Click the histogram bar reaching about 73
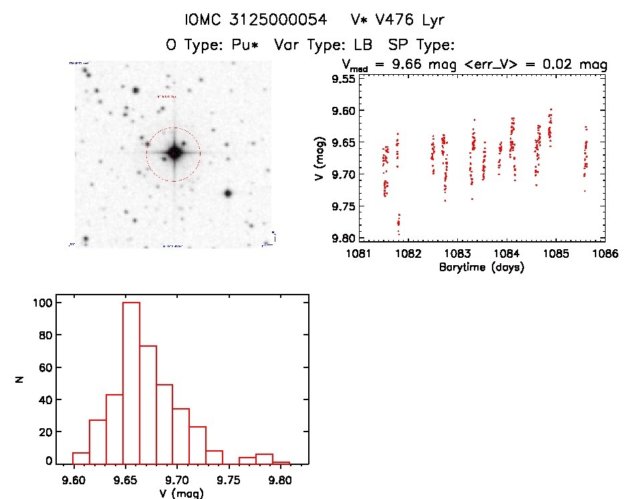click(x=148, y=404)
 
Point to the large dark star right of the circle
click(x=228, y=193)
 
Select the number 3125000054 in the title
click(x=275, y=20)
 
